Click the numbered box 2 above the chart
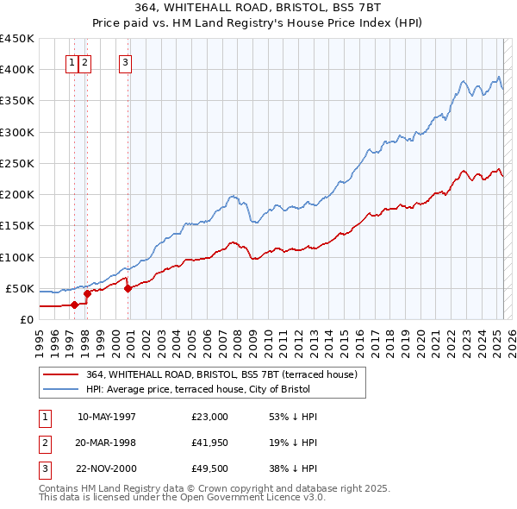click(x=85, y=62)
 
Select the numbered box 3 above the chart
click(x=126, y=62)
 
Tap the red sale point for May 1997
click(x=74, y=305)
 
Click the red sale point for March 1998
click(x=87, y=293)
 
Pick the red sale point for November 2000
click(x=128, y=288)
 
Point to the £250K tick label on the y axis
click(x=17, y=163)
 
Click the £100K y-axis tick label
click(x=17, y=257)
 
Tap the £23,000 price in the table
click(x=210, y=417)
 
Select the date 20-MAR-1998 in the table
click(x=106, y=443)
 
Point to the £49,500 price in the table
click(x=210, y=468)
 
